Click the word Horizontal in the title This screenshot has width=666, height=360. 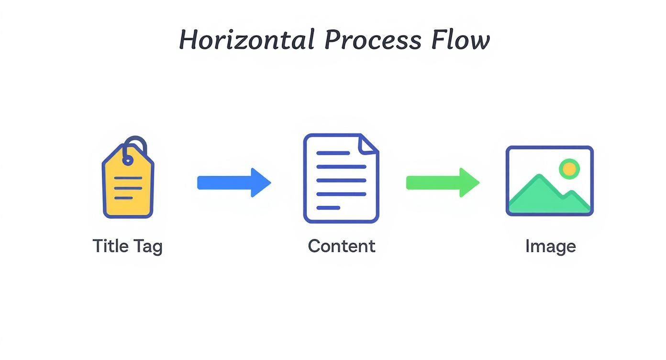tap(246, 40)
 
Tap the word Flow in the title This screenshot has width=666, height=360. tap(460, 40)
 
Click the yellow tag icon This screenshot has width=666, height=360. tap(128, 184)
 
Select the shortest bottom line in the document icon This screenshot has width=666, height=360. tap(328, 208)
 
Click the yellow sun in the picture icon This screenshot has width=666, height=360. tap(569, 169)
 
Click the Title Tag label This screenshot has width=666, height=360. tap(127, 246)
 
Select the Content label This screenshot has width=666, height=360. tap(341, 246)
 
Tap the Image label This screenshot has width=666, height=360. tap(550, 247)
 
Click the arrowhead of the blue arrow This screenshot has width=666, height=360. tap(260, 182)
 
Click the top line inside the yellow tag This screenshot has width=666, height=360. tap(128, 178)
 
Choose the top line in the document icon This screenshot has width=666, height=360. tap(333, 153)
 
